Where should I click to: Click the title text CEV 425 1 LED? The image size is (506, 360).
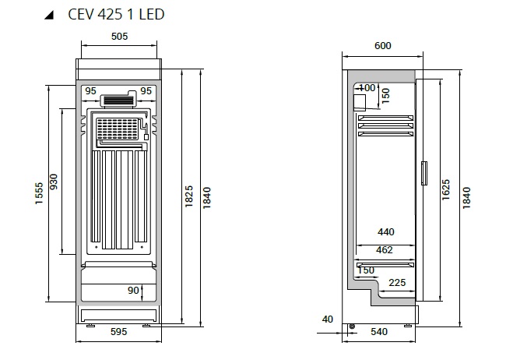click(x=116, y=15)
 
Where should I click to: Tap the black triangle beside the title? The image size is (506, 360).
click(x=50, y=15)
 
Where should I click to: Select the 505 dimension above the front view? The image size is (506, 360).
click(x=119, y=36)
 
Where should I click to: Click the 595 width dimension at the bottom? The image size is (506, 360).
click(x=119, y=332)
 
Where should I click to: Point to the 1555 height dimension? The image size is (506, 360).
click(x=39, y=193)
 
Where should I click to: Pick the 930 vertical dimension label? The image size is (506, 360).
click(x=54, y=182)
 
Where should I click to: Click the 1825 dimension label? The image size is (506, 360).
click(x=189, y=196)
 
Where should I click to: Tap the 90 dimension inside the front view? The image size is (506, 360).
click(x=133, y=290)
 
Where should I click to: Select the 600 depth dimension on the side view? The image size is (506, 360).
click(x=383, y=45)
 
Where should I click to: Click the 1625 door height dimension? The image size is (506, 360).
click(x=445, y=189)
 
